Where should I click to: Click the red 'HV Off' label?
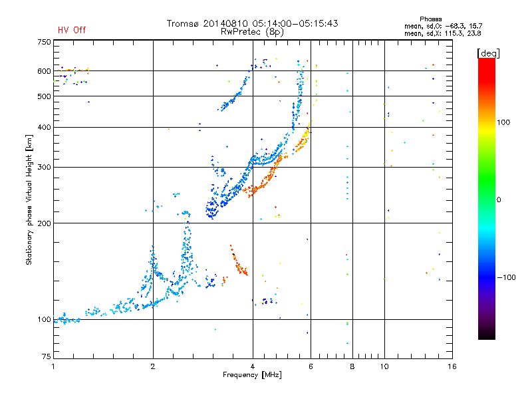[x=72, y=30]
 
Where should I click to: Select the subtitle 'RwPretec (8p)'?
[x=252, y=32]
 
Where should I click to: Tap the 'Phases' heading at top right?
[x=430, y=19]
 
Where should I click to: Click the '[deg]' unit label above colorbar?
[x=488, y=53]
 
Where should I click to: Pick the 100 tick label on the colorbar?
[x=503, y=122]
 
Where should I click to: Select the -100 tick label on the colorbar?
[x=506, y=277]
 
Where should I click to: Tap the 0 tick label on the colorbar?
[x=499, y=200]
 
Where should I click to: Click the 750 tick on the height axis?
[x=44, y=42]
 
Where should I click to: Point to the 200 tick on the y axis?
[x=44, y=223]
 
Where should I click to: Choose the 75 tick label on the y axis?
[x=47, y=356]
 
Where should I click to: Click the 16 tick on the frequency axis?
[x=452, y=366]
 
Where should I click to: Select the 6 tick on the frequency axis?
[x=311, y=366]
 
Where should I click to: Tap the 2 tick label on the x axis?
[x=153, y=366]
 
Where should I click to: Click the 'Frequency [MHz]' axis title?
[x=252, y=375]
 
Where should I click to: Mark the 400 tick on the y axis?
[x=44, y=127]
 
